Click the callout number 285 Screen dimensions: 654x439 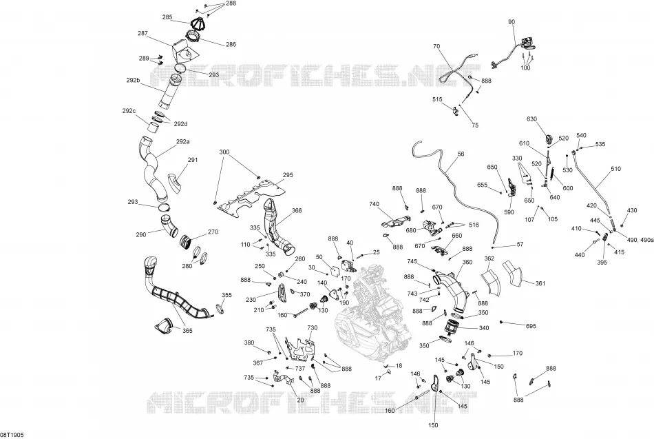click(x=167, y=17)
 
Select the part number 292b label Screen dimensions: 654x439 click(x=133, y=80)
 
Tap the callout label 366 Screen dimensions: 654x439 click(x=297, y=210)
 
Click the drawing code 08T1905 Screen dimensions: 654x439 click(x=12, y=435)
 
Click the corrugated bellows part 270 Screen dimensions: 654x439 click(x=187, y=241)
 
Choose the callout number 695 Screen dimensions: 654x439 click(x=531, y=326)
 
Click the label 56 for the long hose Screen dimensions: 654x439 click(x=461, y=154)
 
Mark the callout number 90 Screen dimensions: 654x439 click(x=511, y=22)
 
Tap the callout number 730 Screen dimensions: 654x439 click(x=313, y=327)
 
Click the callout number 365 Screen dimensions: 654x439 click(x=187, y=331)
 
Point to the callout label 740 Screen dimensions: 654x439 click(x=374, y=204)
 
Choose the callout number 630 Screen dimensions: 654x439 click(x=531, y=119)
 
